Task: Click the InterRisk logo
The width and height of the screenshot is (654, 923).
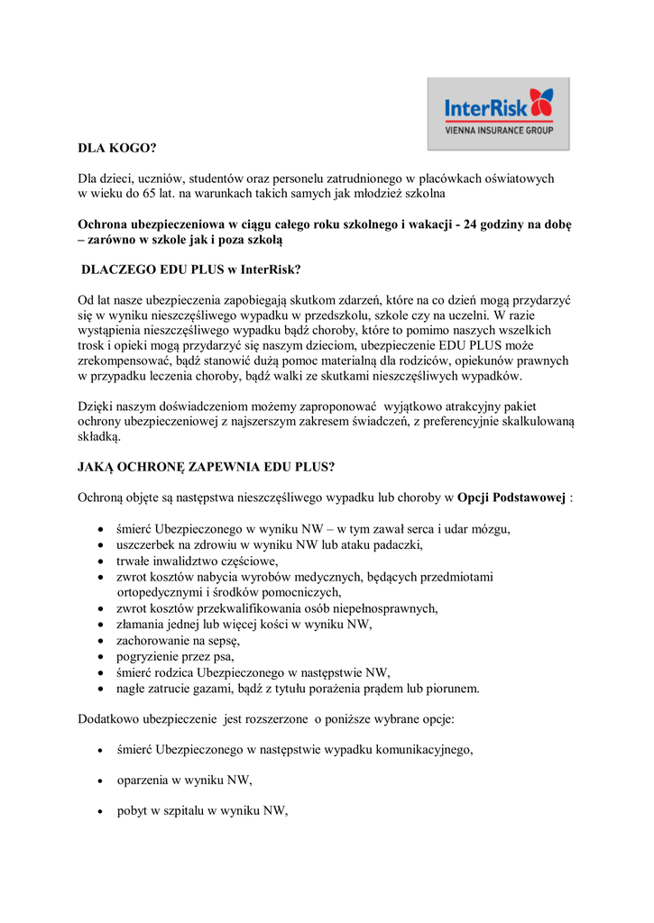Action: coord(498,113)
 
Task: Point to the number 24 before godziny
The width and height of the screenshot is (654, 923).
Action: coord(472,224)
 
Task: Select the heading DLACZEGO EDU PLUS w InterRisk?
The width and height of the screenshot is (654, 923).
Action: coord(191,270)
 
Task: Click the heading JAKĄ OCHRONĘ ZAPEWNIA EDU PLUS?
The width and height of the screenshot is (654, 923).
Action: coord(207,467)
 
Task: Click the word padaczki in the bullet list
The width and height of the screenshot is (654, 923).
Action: coord(396,544)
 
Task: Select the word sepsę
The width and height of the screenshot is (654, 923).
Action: coord(222,640)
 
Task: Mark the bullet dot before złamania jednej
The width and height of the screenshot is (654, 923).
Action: coord(100,625)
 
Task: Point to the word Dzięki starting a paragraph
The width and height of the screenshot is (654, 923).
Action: coord(96,407)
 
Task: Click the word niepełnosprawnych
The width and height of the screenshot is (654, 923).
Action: coord(386,608)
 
